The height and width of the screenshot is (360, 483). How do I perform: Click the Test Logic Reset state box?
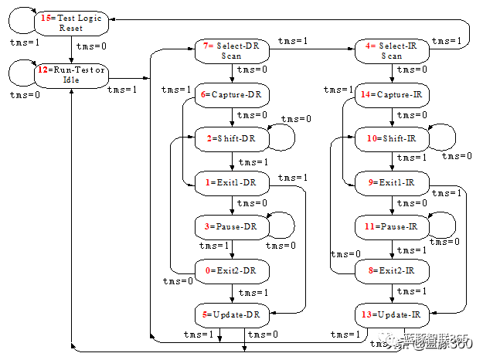pyautogui.click(x=71, y=22)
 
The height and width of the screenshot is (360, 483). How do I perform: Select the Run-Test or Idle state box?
pyautogui.click(x=71, y=75)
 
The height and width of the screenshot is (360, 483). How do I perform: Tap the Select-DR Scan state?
pyautogui.click(x=232, y=50)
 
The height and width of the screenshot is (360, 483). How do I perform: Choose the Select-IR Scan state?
pyautogui.click(x=392, y=50)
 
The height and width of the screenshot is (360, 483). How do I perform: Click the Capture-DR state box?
pyautogui.click(x=232, y=95)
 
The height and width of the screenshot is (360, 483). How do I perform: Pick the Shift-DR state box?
pyautogui.click(x=232, y=138)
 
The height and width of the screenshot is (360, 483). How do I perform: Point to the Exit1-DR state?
pyautogui.click(x=232, y=182)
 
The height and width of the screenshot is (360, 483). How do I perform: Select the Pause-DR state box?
pyautogui.click(x=232, y=226)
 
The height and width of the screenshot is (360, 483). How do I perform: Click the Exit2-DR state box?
pyautogui.click(x=232, y=270)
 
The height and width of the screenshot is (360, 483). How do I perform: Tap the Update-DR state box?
pyautogui.click(x=232, y=314)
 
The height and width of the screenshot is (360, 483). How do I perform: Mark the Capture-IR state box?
pyautogui.click(x=392, y=95)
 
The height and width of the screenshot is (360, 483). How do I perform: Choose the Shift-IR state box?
pyautogui.click(x=392, y=138)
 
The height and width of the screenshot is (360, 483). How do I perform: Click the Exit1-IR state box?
pyautogui.click(x=392, y=182)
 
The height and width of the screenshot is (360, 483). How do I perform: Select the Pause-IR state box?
pyautogui.click(x=392, y=226)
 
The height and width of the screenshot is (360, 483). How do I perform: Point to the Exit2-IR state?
pyautogui.click(x=392, y=270)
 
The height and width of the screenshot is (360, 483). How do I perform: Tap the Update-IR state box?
pyautogui.click(x=392, y=314)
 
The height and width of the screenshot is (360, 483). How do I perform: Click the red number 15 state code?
pyautogui.click(x=48, y=17)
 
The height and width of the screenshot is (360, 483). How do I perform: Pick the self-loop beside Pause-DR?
pyautogui.click(x=284, y=223)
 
